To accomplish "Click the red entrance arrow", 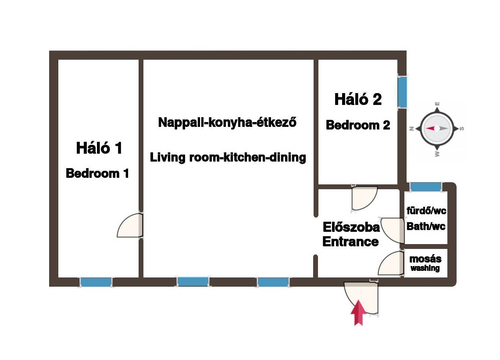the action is tap(358, 313).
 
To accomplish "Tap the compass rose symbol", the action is tap(437, 129).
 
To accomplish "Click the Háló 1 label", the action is tap(99, 148).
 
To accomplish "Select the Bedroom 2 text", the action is tap(358, 125).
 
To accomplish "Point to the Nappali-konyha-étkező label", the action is tap(227, 122).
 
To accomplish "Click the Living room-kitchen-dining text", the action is tap(228, 157).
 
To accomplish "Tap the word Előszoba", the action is tap(351, 227).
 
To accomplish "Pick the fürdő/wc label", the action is tap(426, 211).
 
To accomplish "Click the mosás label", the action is tap(425, 259).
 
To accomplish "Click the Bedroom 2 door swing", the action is tap(364, 198).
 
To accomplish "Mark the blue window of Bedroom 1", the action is tap(96, 282).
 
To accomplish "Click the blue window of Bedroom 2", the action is tap(403, 92).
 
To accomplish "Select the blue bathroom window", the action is tap(426, 187).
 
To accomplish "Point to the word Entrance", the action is tap(351, 241).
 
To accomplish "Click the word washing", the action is tap(425, 268).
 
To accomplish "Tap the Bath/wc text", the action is tap(426, 226).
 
